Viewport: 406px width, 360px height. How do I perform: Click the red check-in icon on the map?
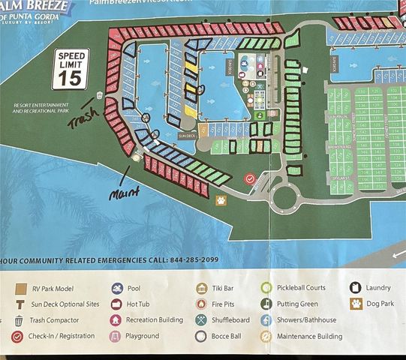tap(250, 179)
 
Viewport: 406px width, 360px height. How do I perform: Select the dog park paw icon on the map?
tap(221, 200)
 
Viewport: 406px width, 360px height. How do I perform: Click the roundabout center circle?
tap(286, 198)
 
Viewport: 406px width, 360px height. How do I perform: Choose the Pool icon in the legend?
tap(117, 288)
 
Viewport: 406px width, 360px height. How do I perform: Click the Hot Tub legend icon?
tap(117, 304)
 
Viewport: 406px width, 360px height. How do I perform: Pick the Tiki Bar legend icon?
tap(201, 288)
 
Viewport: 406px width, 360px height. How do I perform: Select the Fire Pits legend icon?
tap(201, 304)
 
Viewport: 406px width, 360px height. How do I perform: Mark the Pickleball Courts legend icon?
tap(266, 288)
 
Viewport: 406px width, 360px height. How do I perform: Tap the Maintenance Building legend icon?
tap(266, 336)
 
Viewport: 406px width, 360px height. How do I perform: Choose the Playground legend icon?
tap(117, 336)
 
